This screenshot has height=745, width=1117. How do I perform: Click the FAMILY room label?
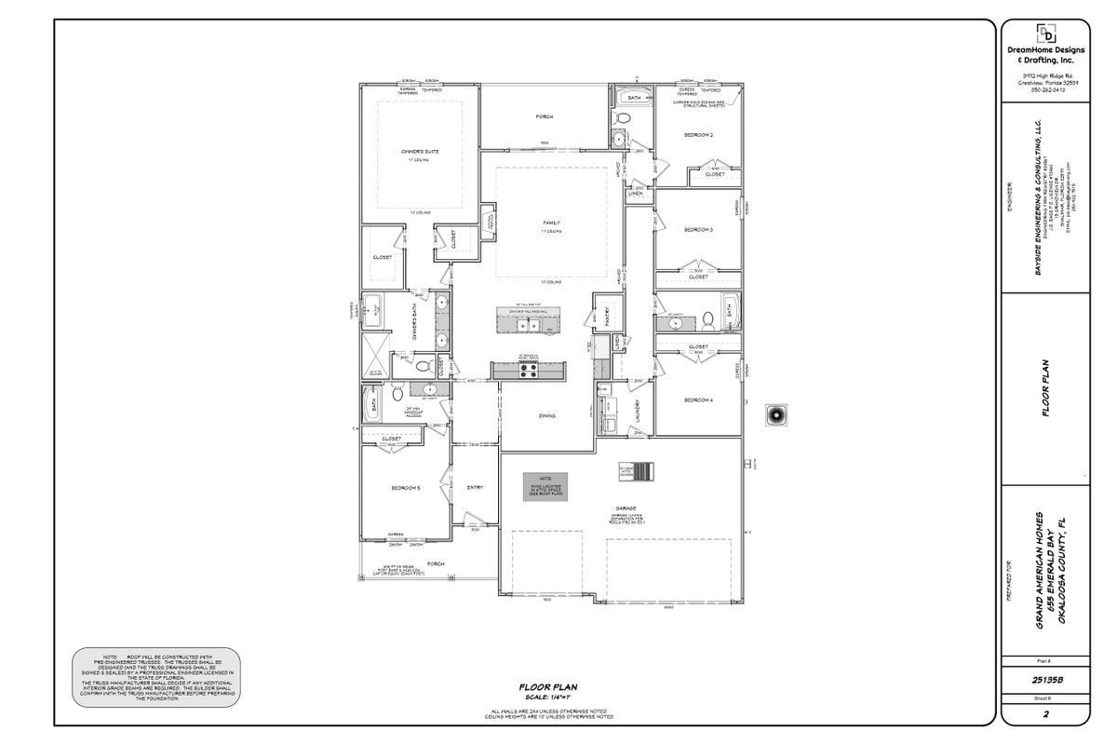(550, 223)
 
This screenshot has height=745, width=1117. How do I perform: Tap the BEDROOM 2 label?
(698, 135)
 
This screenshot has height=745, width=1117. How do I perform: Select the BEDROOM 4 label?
(698, 400)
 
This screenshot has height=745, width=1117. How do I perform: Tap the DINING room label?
(546, 415)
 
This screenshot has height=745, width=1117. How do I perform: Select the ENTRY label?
(475, 487)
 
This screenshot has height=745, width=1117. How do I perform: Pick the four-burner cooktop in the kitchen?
(528, 370)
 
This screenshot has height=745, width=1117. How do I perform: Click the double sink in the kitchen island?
(529, 326)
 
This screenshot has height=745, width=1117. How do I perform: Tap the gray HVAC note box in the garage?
(544, 486)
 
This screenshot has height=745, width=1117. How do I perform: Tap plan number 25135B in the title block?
(1046, 680)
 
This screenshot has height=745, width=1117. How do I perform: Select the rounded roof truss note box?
(156, 676)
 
